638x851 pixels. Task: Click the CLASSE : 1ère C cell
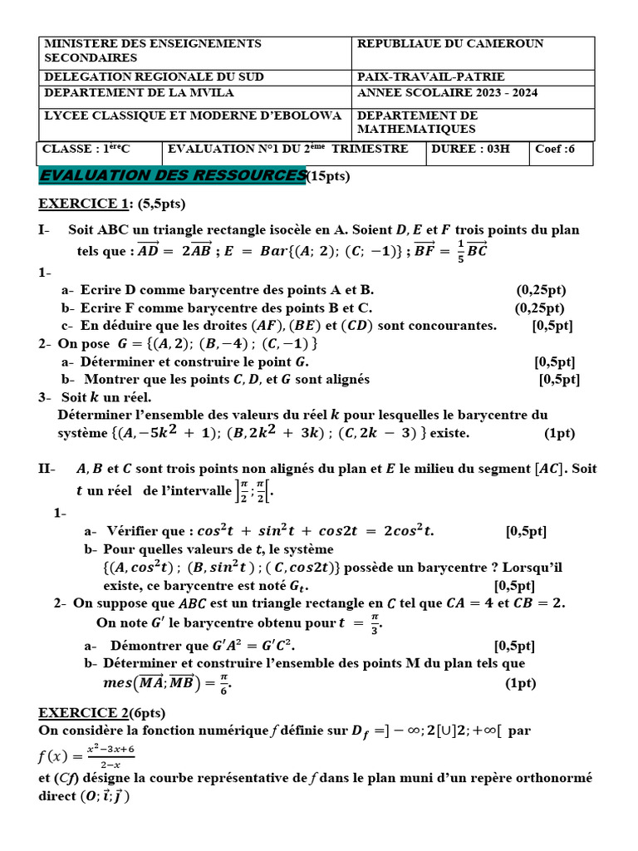tap(86, 150)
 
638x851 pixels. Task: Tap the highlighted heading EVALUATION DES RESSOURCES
tap(172, 175)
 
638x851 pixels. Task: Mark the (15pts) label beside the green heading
tap(328, 176)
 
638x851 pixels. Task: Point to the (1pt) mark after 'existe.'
tap(559, 433)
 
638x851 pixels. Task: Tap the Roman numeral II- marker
tap(47, 470)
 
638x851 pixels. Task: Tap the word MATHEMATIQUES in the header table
tap(416, 129)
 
